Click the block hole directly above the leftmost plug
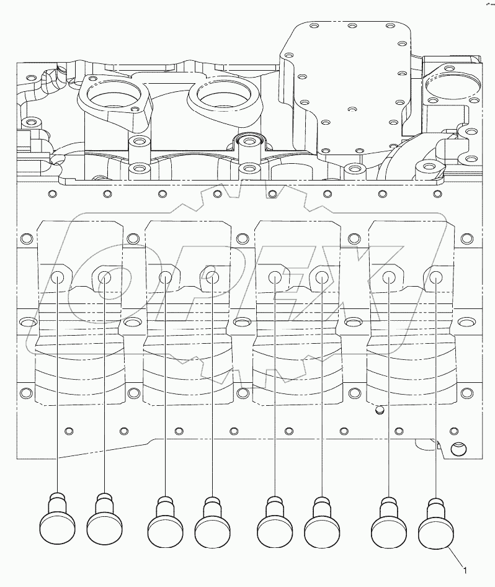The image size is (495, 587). [58, 277]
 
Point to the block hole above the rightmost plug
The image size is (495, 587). [436, 277]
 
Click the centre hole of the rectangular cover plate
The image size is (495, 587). [350, 109]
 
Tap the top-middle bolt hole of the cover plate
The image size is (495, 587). [351, 27]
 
